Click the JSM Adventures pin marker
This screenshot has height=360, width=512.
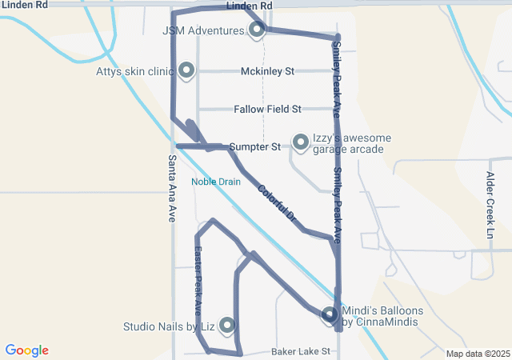click(x=257, y=30)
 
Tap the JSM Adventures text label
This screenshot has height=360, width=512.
click(x=203, y=31)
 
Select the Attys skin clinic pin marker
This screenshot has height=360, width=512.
click(x=187, y=70)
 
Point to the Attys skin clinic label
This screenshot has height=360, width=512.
click(x=134, y=71)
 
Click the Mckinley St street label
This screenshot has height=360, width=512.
click(x=267, y=71)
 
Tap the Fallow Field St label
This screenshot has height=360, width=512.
click(x=267, y=109)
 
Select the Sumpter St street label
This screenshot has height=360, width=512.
click(x=254, y=147)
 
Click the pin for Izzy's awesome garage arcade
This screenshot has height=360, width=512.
click(x=301, y=142)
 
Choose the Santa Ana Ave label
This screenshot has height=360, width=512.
click(x=172, y=187)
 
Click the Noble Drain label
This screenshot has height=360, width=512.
click(x=215, y=182)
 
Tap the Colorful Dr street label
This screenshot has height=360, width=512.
click(x=277, y=203)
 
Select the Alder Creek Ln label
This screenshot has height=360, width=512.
click(x=490, y=204)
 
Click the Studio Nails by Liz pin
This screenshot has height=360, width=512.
click(x=227, y=325)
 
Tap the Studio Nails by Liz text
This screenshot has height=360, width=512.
click(x=169, y=326)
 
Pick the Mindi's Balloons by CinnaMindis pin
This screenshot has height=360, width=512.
click(x=329, y=315)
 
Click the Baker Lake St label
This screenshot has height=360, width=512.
click(x=300, y=351)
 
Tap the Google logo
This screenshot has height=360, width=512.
click(x=26, y=350)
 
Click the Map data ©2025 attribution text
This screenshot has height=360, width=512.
click(x=478, y=354)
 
